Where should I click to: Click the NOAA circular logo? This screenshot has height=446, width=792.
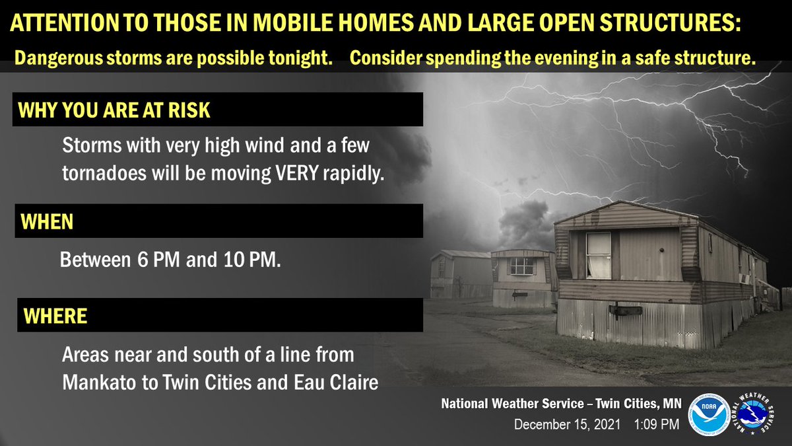pos(709,414)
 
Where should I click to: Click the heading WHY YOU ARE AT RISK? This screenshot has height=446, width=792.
pos(114,110)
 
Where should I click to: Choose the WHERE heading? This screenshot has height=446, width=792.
pos(55,316)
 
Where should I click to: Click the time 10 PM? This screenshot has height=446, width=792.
pos(255,260)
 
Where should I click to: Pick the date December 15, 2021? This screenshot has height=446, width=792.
pos(568,425)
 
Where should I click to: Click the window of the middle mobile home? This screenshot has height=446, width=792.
pos(521,266)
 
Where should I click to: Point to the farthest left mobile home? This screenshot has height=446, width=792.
pos(459,272)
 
